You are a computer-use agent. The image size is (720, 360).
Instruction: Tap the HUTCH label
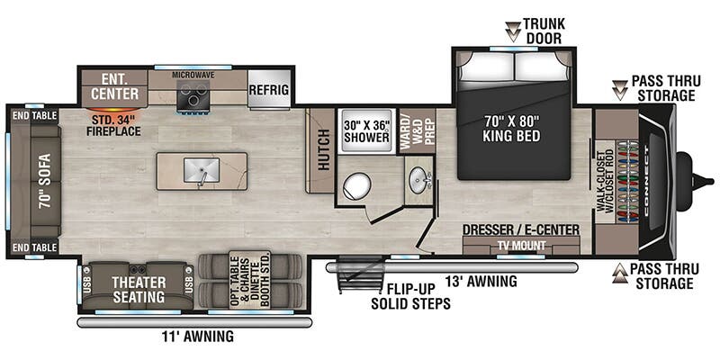321,151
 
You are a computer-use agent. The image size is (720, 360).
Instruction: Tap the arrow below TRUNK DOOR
512,33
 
